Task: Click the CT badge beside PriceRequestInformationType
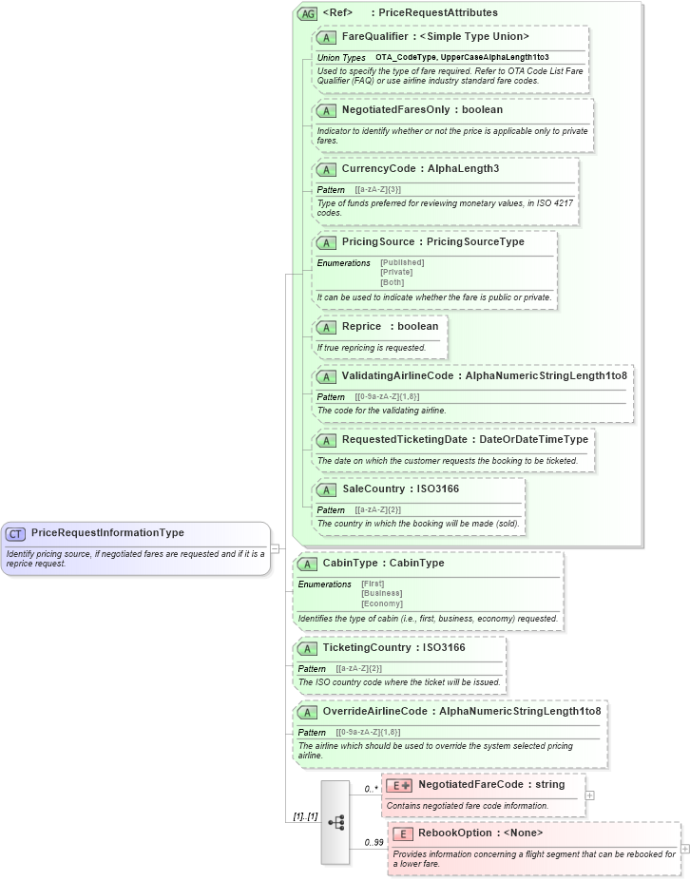coord(16,534)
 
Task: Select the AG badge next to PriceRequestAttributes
coord(307,13)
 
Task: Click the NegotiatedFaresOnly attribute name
coord(395,110)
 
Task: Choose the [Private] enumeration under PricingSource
coord(396,273)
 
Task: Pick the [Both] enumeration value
coord(392,282)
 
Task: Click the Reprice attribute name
coord(361,327)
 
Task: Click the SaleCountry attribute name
coord(374,489)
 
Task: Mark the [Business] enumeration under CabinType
coord(381,594)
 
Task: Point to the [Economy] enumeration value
coord(381,603)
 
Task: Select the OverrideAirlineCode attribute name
coord(374,711)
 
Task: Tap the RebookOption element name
coord(454,833)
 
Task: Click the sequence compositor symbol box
coord(335,822)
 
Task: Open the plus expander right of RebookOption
coord(685,849)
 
